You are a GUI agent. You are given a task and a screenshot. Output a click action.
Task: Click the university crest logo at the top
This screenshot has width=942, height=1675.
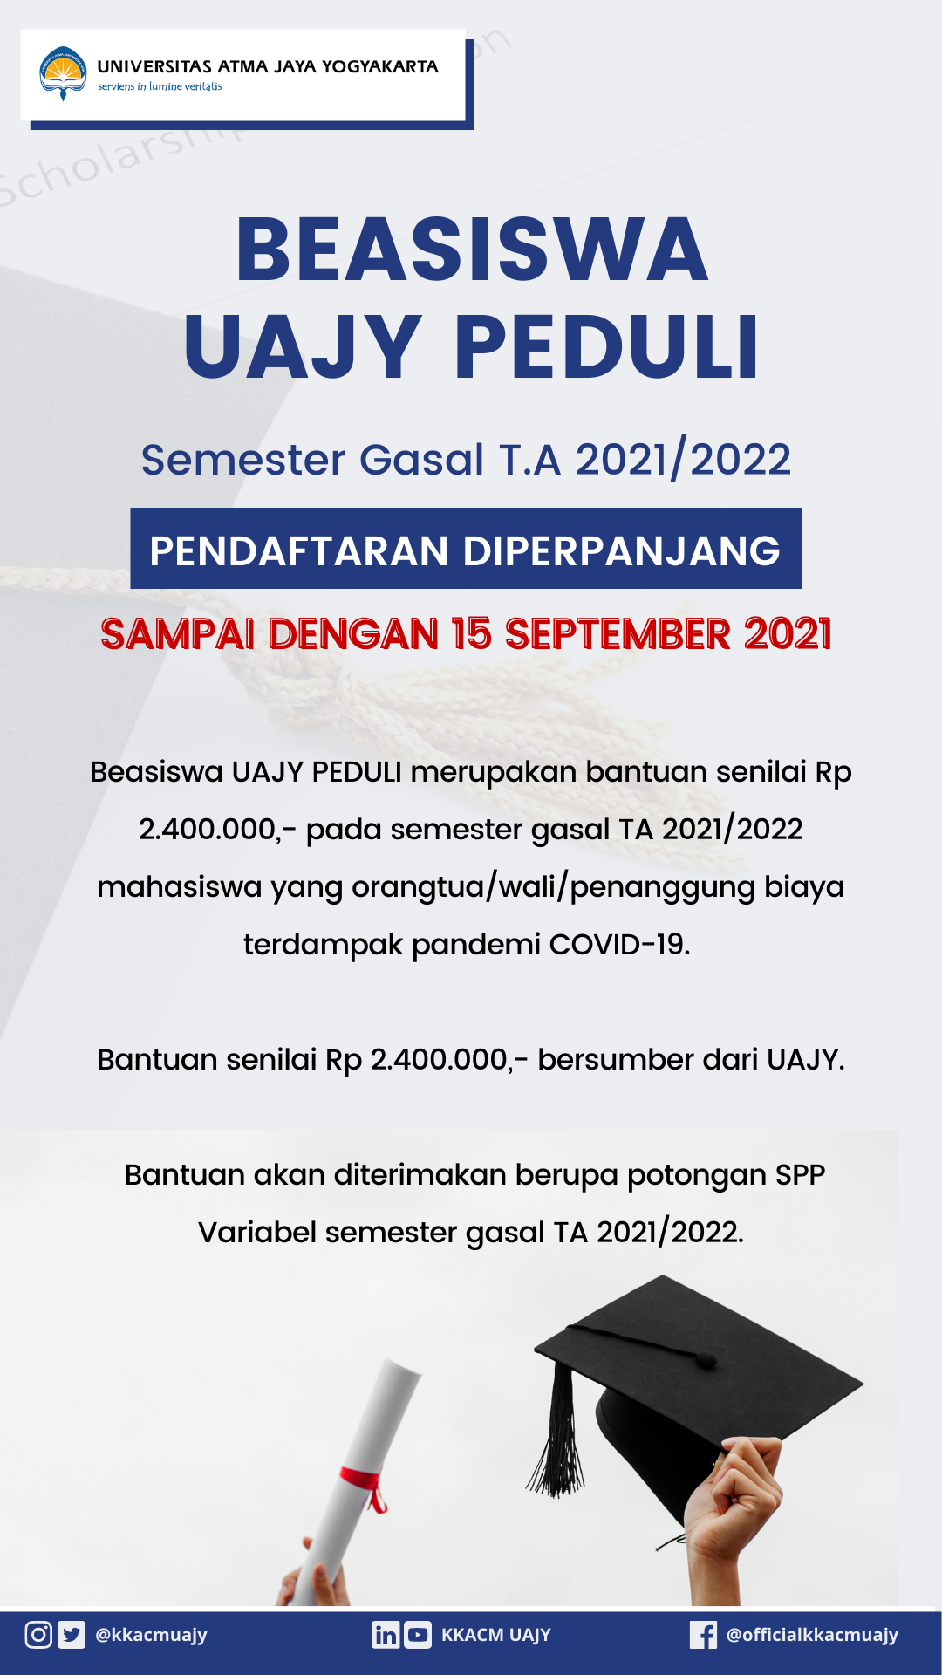tap(63, 73)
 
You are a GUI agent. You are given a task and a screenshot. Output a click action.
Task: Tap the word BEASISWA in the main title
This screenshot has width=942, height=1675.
tap(472, 250)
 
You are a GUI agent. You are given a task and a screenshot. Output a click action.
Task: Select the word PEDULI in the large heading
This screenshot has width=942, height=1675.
tap(606, 347)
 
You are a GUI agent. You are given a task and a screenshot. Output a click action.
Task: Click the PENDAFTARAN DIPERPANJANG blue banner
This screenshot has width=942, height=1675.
tap(466, 550)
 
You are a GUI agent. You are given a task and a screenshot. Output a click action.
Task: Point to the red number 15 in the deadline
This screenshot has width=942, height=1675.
tap(472, 634)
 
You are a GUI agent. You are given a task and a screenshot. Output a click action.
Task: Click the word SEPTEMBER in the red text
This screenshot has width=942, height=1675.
tap(618, 634)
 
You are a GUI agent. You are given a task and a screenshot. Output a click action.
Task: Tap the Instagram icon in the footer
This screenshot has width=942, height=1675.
tap(38, 1634)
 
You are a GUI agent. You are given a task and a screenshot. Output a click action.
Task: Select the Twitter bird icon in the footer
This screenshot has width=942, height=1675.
tap(72, 1634)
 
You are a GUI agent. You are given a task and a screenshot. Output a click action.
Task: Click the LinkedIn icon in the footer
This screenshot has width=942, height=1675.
tap(386, 1634)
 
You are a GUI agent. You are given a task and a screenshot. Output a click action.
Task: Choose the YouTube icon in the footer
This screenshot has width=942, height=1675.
tap(418, 1634)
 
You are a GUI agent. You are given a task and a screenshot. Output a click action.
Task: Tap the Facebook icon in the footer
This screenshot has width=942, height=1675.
tap(703, 1634)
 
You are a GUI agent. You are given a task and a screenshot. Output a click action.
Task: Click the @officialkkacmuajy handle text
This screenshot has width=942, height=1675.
tap(812, 1635)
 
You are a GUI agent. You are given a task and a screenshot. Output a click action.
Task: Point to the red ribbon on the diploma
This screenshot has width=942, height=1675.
tap(365, 1483)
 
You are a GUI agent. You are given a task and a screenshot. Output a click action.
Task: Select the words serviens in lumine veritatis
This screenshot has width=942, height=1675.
tap(160, 86)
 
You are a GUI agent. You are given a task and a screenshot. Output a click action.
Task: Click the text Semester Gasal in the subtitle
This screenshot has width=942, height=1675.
tap(312, 460)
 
